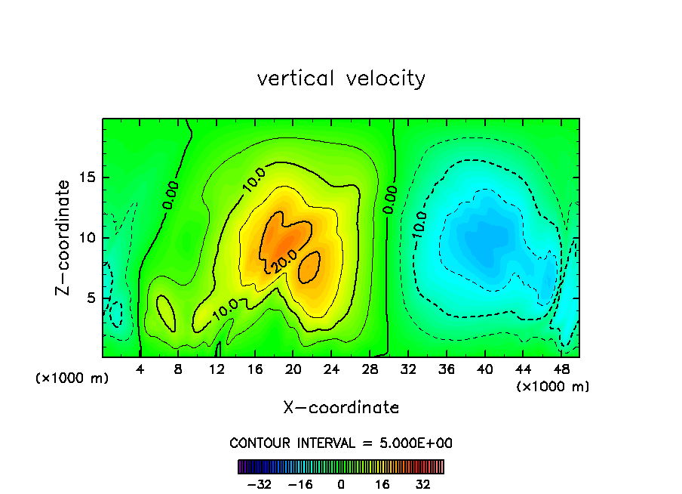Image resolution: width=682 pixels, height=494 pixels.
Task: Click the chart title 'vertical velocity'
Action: [341, 79]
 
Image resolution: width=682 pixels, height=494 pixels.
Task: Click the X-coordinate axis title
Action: [341, 408]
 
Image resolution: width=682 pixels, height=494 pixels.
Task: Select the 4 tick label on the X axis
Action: [140, 370]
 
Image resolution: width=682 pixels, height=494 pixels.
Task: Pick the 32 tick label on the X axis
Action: [408, 370]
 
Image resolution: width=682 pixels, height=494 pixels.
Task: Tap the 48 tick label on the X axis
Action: [561, 370]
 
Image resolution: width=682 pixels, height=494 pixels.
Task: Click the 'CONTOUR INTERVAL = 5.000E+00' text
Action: [341, 443]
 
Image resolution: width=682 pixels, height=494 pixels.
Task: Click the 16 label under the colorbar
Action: [382, 484]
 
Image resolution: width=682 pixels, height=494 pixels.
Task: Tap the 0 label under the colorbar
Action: [341, 484]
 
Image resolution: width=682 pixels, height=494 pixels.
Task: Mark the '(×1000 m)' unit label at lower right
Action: [553, 387]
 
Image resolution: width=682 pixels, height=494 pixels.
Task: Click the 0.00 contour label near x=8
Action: [170, 194]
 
